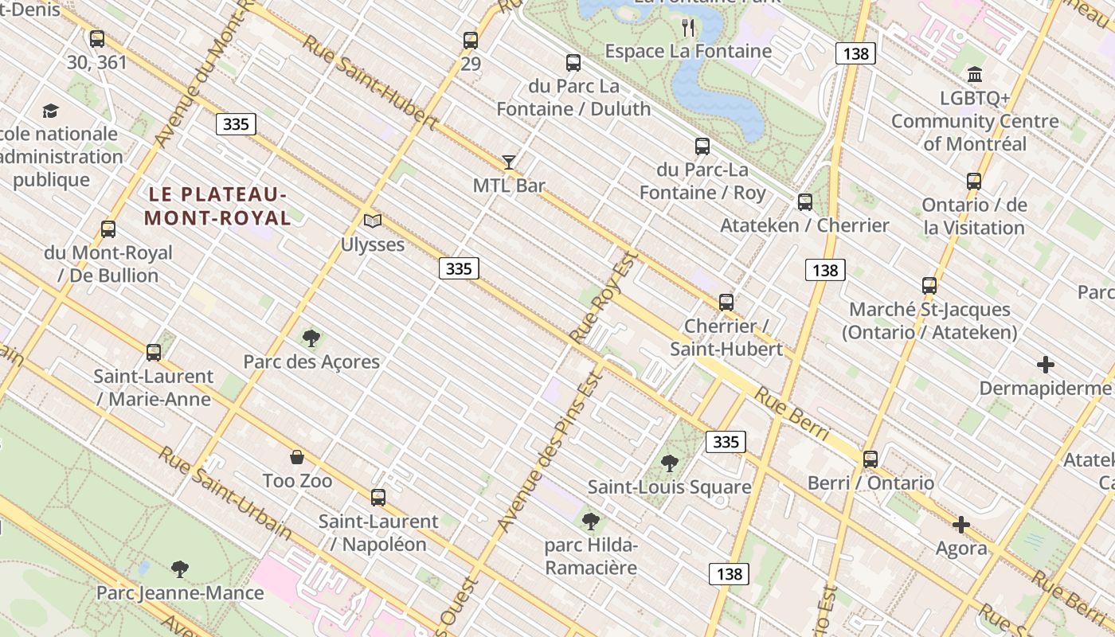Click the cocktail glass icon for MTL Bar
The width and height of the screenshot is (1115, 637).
tap(509, 162)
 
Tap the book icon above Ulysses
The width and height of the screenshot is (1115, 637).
tap(373, 221)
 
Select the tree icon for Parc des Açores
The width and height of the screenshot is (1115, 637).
tap(311, 338)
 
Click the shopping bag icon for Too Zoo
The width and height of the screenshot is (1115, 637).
tap(297, 457)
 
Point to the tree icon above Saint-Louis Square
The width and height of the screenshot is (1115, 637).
tap(670, 463)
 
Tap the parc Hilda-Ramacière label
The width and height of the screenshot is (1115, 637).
tap(591, 557)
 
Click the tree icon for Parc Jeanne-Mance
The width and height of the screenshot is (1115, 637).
tap(180, 569)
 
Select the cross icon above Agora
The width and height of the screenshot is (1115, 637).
tap(961, 525)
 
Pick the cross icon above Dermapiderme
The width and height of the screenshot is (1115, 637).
tap(1046, 365)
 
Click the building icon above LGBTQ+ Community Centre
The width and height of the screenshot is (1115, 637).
tap(975, 75)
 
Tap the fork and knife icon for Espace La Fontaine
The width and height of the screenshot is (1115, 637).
tap(689, 28)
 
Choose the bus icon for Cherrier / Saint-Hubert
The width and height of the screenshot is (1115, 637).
tap(726, 303)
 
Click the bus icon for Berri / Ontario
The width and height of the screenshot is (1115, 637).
tap(870, 459)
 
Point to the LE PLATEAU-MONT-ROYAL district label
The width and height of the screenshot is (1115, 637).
tap(217, 205)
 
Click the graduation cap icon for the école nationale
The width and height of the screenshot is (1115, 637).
tap(51, 111)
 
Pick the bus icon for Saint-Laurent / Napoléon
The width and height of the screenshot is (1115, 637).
tap(378, 498)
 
